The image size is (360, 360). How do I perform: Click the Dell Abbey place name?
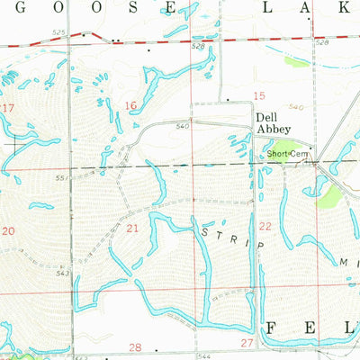(270, 123)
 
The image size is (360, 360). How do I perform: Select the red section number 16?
(130, 106)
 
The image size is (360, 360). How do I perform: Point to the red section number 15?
(259, 95)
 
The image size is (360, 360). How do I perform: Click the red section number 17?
(9, 107)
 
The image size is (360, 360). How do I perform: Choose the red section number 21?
(132, 229)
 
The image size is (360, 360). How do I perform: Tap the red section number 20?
(9, 231)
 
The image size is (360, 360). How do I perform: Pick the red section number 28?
(135, 346)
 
